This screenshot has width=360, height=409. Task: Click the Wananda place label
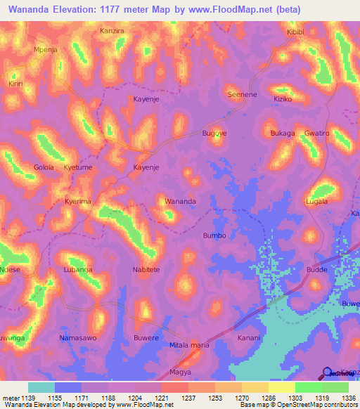pyautogui.click(x=180, y=201)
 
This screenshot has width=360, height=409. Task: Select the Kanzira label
pyautogui.click(x=112, y=32)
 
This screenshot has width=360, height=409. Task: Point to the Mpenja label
pyautogui.click(x=45, y=50)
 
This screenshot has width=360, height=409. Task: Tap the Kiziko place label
pyautogui.click(x=283, y=99)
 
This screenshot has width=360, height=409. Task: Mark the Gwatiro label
pyautogui.click(x=317, y=132)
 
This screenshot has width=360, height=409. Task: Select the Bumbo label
pyautogui.click(x=214, y=235)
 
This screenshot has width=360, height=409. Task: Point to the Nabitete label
pyautogui.click(x=146, y=269)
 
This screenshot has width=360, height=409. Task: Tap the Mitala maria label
pyautogui.click(x=190, y=345)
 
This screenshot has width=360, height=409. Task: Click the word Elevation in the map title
pyautogui.click(x=77, y=10)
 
